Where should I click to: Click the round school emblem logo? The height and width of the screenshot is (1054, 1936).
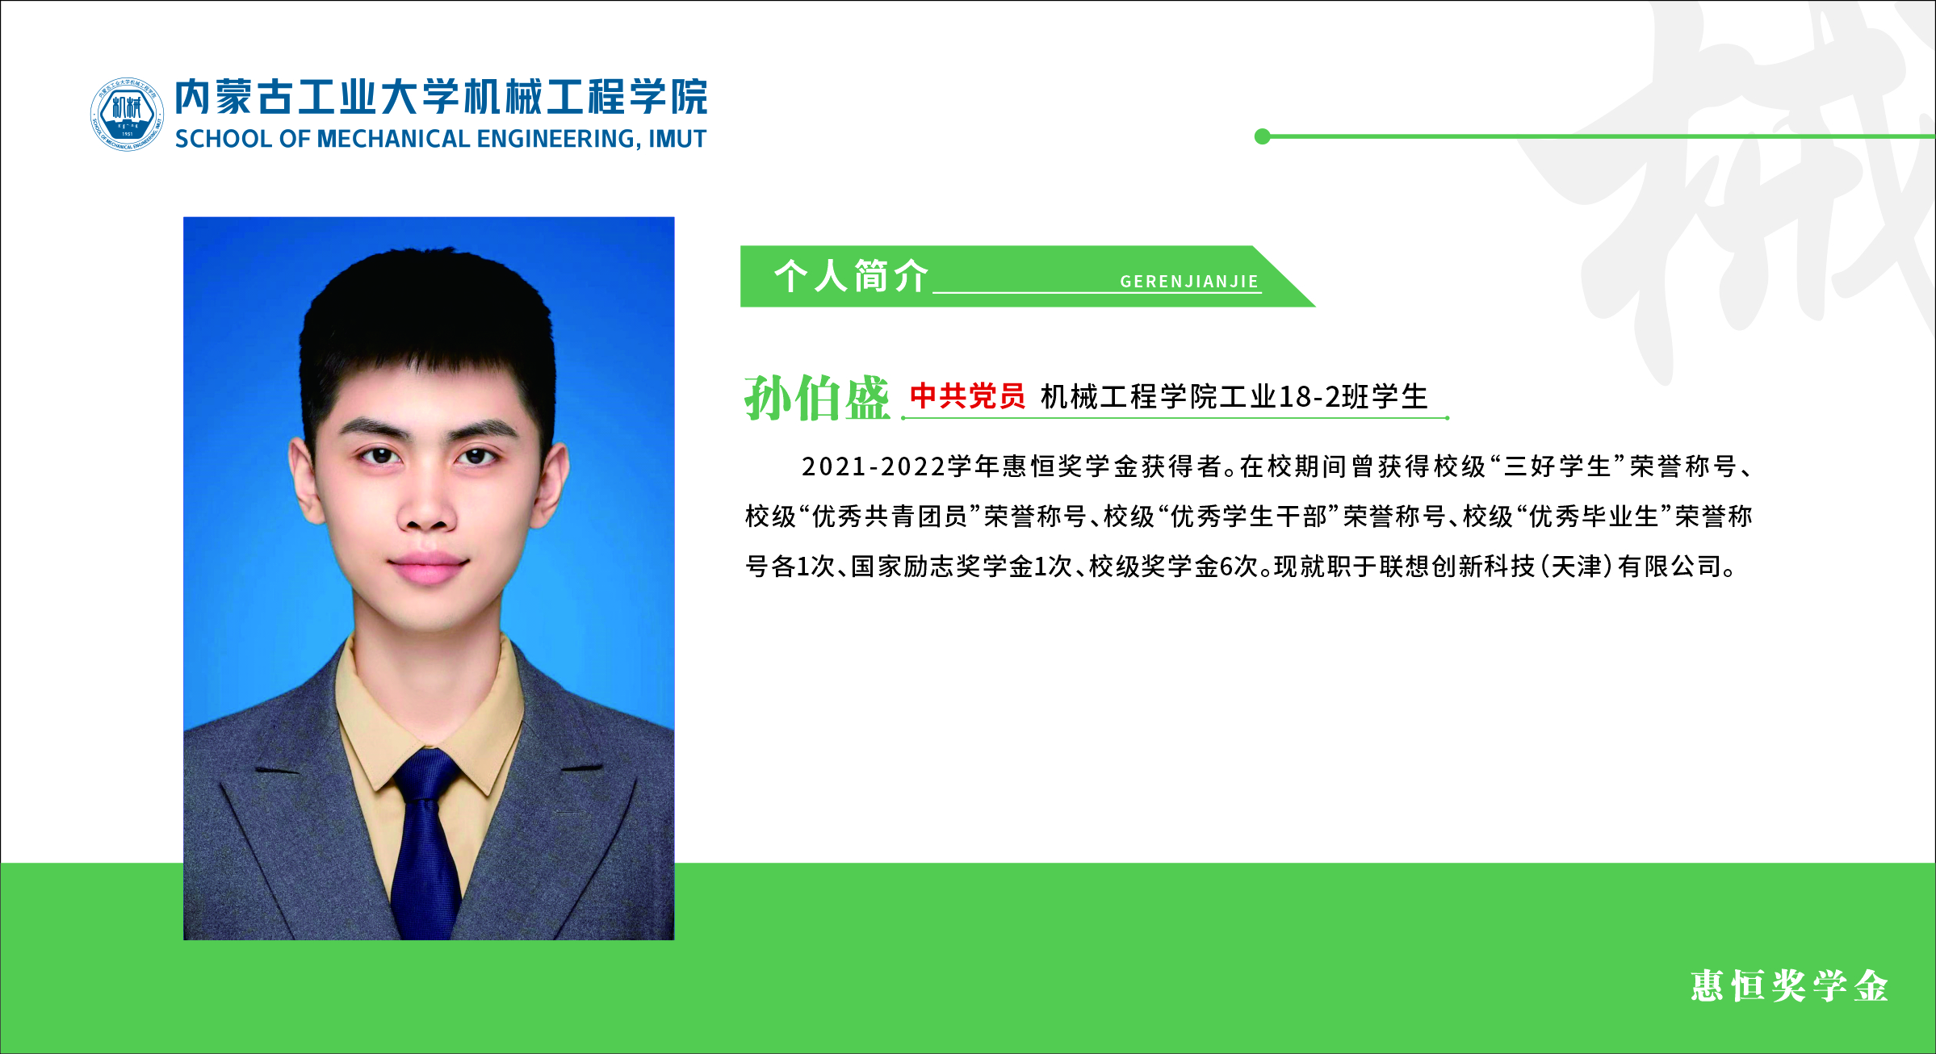pyautogui.click(x=127, y=114)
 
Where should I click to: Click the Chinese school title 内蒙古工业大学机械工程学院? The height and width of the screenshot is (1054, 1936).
pyautogui.click(x=442, y=97)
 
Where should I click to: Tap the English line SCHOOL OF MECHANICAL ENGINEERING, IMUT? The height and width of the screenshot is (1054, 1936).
pyautogui.click(x=441, y=139)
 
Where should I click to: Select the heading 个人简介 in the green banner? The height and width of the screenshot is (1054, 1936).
pyautogui.click(x=851, y=276)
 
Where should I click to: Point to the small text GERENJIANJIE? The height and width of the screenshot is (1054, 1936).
pyautogui.click(x=1189, y=282)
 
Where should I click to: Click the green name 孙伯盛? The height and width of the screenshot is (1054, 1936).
pyautogui.click(x=816, y=398)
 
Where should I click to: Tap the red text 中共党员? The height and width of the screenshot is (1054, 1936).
pyautogui.click(x=967, y=396)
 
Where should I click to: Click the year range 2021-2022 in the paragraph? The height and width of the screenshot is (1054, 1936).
pyautogui.click(x=874, y=466)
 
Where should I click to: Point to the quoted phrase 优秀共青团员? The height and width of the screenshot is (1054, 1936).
pyautogui.click(x=890, y=517)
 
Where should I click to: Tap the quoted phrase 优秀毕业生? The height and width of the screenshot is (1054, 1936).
pyautogui.click(x=1594, y=517)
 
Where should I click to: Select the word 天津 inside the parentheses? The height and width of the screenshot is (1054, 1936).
pyautogui.click(x=1576, y=567)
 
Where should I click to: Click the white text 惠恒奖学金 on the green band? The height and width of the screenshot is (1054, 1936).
pyautogui.click(x=1789, y=986)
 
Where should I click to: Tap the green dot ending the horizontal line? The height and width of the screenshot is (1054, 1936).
pyautogui.click(x=1263, y=136)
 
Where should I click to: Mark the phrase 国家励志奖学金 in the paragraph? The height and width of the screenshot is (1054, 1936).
pyautogui.click(x=942, y=567)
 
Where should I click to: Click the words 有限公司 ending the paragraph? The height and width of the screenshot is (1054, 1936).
pyautogui.click(x=1670, y=567)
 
